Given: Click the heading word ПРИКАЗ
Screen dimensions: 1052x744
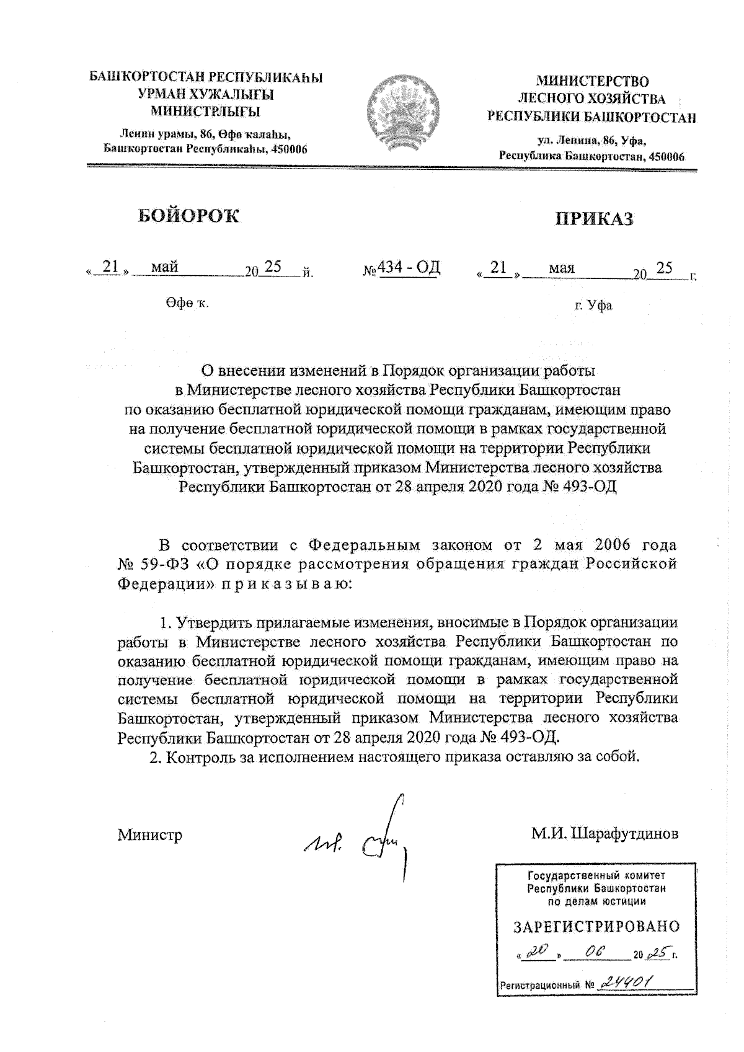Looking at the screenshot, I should click(x=594, y=218).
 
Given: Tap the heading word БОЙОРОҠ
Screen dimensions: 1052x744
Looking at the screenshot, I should click(x=188, y=216).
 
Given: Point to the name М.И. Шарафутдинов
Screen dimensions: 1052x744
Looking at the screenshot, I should click(x=604, y=834).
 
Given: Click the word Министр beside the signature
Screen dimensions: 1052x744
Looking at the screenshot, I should click(x=150, y=835).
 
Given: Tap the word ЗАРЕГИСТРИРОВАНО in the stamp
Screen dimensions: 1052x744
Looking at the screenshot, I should click(x=596, y=926).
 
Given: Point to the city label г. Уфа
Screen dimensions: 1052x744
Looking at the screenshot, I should click(x=593, y=305).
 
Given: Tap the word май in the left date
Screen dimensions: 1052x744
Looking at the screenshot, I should click(x=165, y=267).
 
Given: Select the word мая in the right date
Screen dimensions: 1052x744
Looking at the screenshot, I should click(x=561, y=268).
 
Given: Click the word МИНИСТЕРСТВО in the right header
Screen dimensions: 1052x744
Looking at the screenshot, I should click(x=592, y=81).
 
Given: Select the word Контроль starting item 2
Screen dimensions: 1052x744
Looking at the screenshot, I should click(x=195, y=757).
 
